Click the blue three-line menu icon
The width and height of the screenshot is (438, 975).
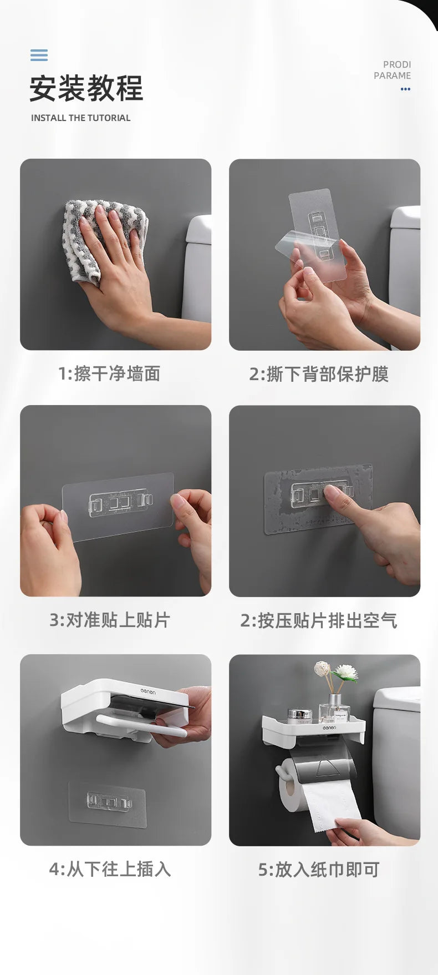click(39, 55)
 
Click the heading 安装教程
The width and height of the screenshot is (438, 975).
click(86, 88)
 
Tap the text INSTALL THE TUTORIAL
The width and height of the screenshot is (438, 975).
click(81, 118)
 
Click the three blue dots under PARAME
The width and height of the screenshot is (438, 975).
click(406, 89)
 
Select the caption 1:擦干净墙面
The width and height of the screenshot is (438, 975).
click(109, 373)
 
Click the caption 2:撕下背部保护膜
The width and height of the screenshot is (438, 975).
click(319, 374)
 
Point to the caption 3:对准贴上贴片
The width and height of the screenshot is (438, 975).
click(110, 620)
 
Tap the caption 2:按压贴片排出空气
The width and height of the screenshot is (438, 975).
click(319, 620)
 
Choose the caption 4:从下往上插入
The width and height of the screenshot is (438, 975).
click(110, 868)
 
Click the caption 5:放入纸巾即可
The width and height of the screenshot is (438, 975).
click(319, 869)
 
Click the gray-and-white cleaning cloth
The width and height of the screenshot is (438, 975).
click(105, 238)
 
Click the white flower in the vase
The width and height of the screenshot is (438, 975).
click(345, 673)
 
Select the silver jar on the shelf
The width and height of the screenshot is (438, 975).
click(300, 715)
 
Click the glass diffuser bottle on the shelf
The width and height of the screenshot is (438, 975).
click(335, 709)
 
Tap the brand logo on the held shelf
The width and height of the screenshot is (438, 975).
click(148, 693)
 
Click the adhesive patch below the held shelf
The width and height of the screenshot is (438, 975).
click(108, 804)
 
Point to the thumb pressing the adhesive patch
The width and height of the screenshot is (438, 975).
click(335, 494)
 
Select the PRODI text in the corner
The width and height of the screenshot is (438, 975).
click(397, 64)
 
